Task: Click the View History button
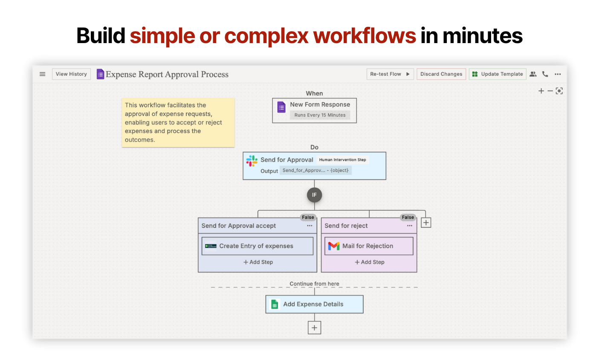pos(71,74)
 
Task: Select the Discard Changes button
pos(441,74)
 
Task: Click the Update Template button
pos(498,74)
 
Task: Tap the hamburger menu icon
pos(43,74)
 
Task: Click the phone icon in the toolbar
pos(545,74)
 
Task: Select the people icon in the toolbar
pos(533,74)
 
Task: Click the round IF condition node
pos(315,195)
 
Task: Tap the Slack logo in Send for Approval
pos(252,161)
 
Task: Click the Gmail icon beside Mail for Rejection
pos(334,246)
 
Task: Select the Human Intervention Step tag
pos(343,160)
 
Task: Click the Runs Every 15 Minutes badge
pos(320,115)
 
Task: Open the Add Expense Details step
pos(315,305)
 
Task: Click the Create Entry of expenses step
pos(258,246)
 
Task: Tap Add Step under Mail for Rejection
pos(370,262)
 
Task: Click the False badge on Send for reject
pos(408,217)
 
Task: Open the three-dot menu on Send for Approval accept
pos(310,226)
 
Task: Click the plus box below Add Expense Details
pos(315,328)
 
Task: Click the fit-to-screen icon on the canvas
pos(559,91)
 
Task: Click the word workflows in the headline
pos(365,36)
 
